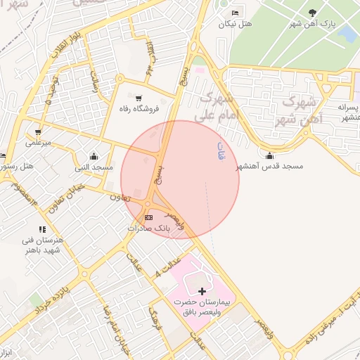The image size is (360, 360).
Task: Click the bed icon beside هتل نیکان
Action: (x=235, y=13)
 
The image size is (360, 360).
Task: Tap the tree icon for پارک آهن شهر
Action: (x=312, y=13)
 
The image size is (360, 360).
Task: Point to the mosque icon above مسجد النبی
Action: (x=94, y=156)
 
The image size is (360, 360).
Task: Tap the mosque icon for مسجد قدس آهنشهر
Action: (x=269, y=155)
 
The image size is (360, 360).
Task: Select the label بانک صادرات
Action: (x=148, y=229)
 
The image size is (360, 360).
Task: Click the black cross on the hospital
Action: (x=202, y=290)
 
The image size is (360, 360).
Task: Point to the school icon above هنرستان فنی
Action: (x=43, y=229)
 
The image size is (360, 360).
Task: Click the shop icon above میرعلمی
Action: (x=37, y=131)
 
